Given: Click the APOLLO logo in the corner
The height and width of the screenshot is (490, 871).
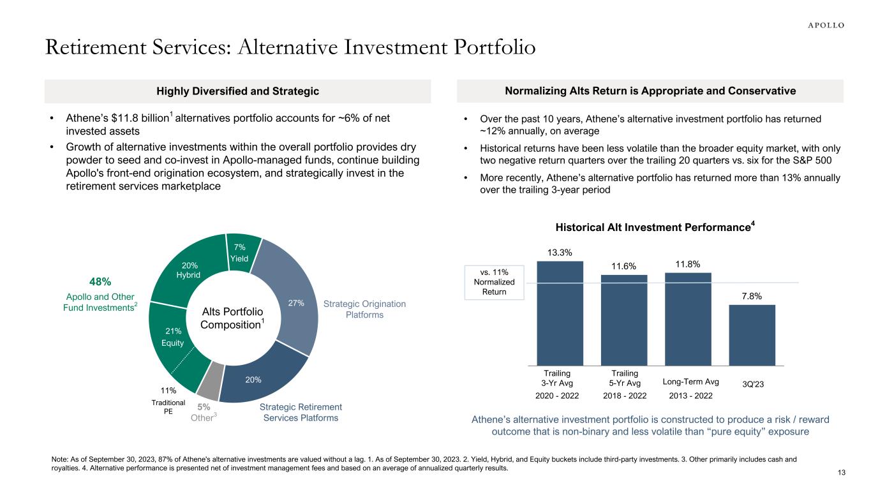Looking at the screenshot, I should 822,25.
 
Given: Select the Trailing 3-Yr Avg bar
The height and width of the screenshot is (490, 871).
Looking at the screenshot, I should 560,313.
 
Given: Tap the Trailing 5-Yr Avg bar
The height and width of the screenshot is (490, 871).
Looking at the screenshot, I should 624,319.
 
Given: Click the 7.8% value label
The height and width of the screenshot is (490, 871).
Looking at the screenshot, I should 752,295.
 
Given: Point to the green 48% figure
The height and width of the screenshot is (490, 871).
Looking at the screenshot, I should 100,281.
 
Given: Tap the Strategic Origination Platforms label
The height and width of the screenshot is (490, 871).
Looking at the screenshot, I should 364,309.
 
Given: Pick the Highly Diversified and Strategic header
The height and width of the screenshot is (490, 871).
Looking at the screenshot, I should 237,91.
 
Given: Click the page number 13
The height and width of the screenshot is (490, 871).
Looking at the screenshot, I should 840,472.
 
